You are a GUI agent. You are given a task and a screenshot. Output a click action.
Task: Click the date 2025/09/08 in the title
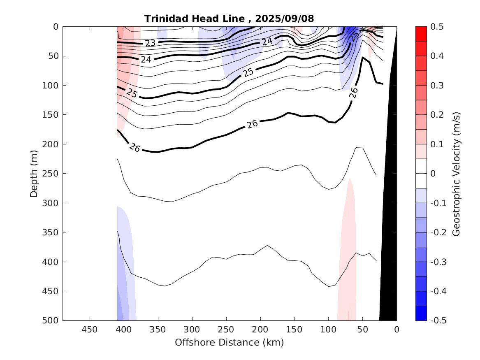click(285, 19)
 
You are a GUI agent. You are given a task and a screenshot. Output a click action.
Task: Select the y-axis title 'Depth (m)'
click(34, 173)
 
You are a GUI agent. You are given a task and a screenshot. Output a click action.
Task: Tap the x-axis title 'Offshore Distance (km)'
click(230, 342)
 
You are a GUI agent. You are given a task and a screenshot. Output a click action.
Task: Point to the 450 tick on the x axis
click(90, 330)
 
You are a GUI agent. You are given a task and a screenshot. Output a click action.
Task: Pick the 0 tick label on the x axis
click(397, 330)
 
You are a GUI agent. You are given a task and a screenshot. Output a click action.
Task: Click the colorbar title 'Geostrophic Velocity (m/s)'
click(456, 173)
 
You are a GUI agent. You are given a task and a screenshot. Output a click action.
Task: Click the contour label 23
click(150, 43)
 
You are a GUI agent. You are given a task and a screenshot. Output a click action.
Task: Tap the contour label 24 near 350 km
click(146, 59)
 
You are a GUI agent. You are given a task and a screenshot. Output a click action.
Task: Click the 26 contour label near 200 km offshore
click(252, 123)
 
